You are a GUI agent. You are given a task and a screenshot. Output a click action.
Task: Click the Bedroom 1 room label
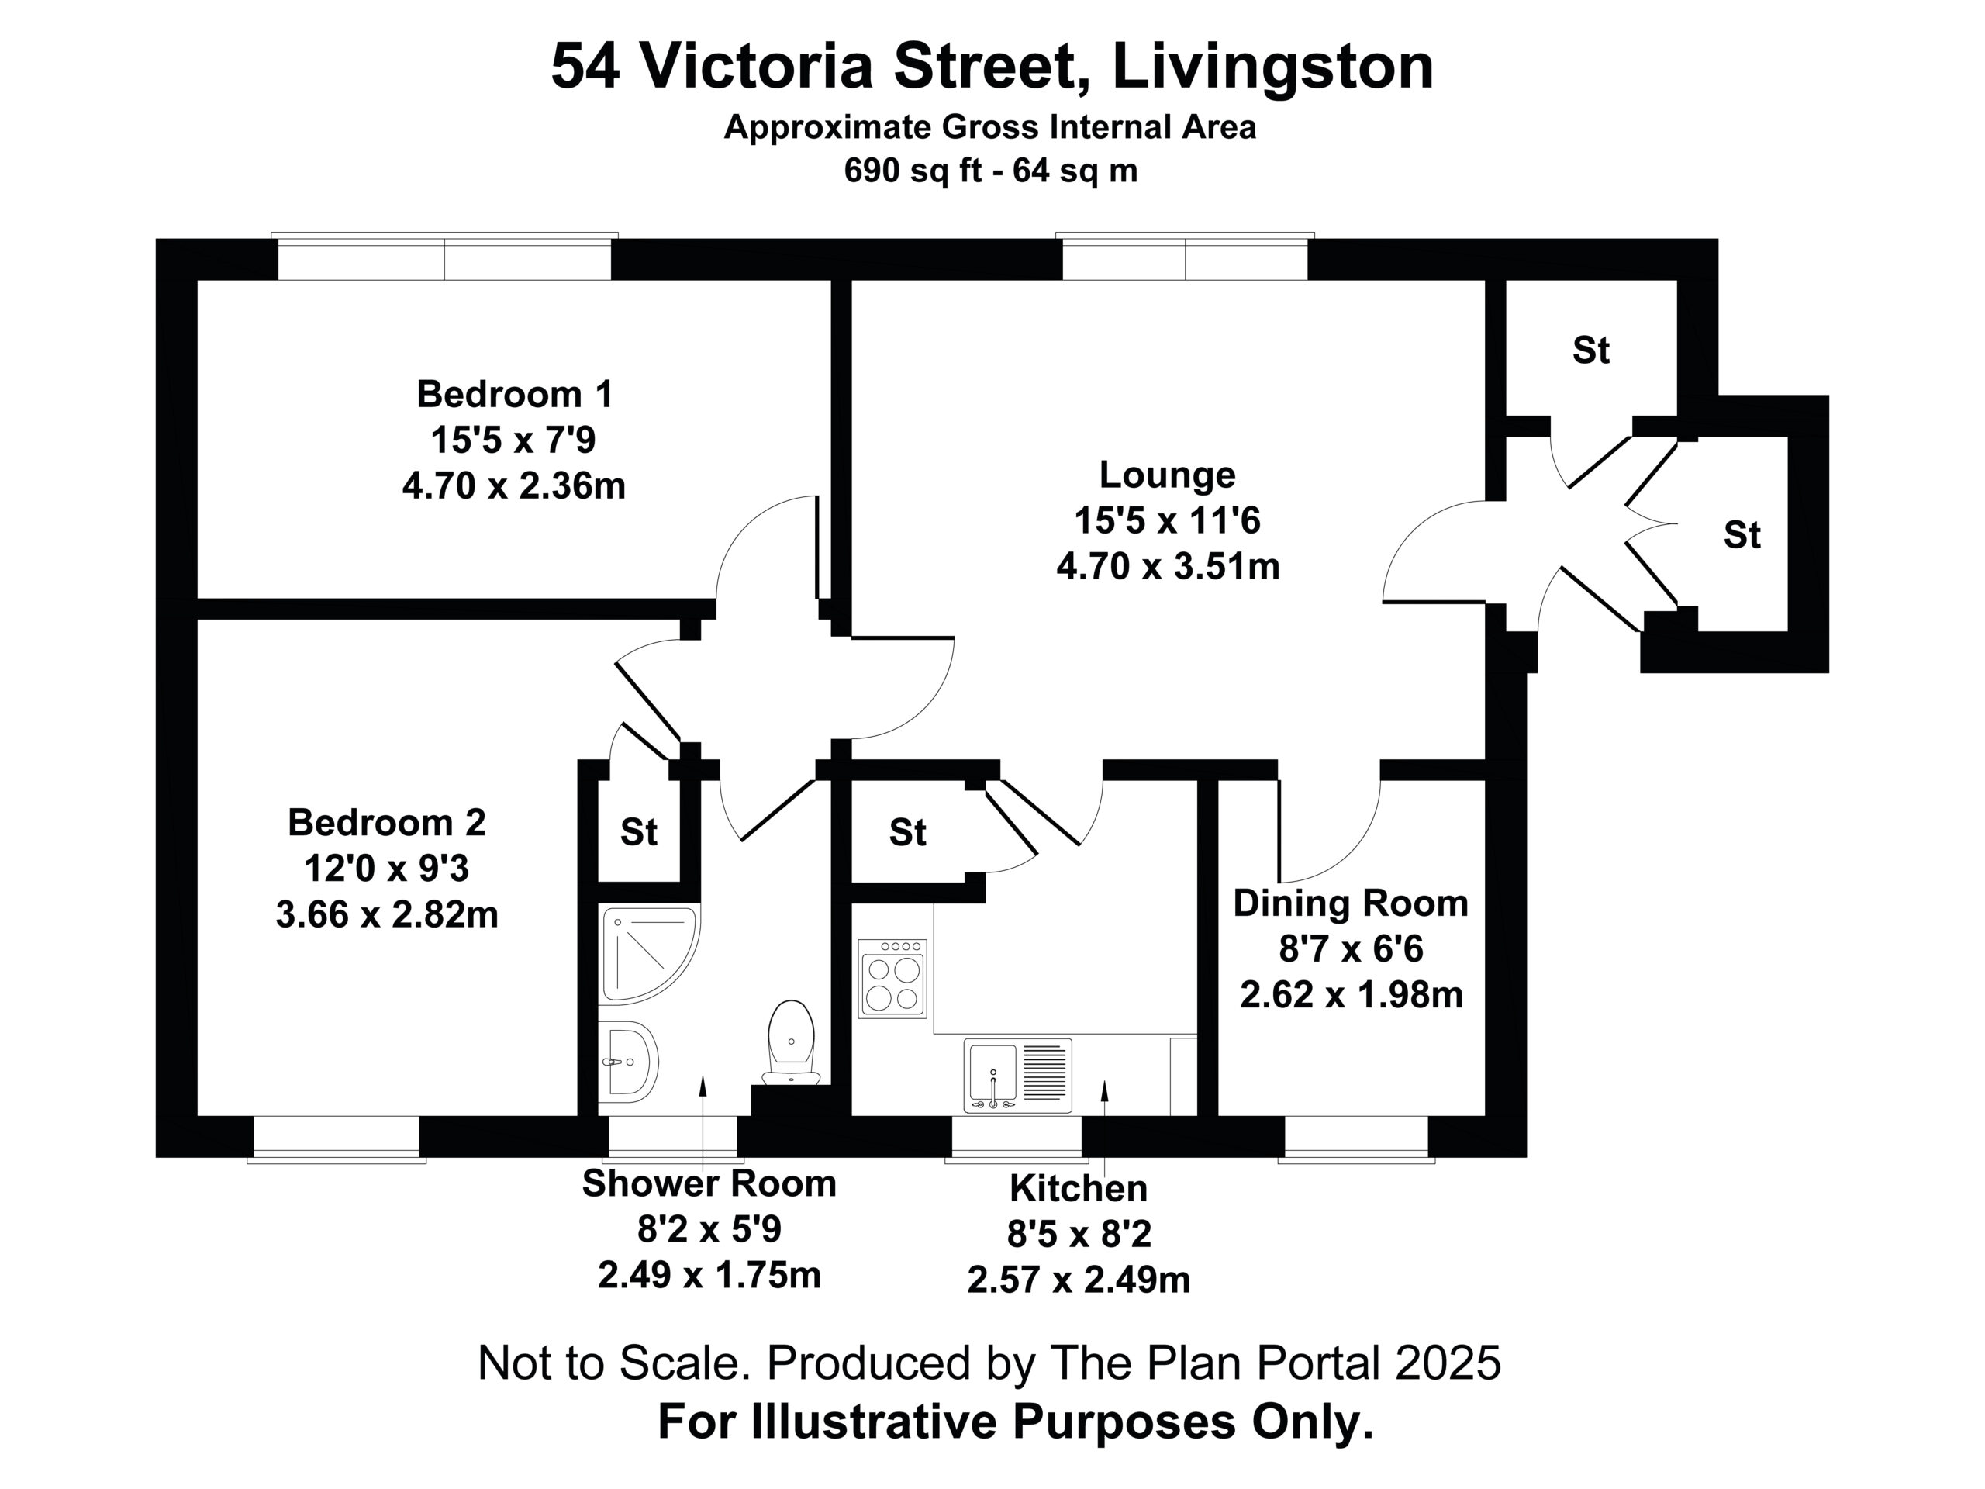pos(514,394)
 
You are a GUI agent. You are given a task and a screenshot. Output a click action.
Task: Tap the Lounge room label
pos(1167,475)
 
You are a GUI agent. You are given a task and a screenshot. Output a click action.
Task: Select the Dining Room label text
pos(1351,903)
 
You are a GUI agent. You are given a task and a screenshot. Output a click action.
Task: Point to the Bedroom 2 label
pos(387,822)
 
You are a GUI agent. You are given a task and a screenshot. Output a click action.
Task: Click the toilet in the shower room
pos(791,1042)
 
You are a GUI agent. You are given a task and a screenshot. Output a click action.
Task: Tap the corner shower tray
pos(650,953)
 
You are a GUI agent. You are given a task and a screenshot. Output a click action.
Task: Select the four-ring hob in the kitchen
pos(892,978)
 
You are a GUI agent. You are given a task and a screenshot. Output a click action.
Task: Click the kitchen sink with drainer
pos(1017,1075)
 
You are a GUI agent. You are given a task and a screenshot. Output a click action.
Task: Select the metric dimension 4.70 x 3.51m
pos(1168,566)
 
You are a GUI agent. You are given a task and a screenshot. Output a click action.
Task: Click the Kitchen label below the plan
pos(1078,1187)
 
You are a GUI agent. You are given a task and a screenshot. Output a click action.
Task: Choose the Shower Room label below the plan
pos(709,1183)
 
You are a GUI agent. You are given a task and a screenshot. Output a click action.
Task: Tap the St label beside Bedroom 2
pos(639,833)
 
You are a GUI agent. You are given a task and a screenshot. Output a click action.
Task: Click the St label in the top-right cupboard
pos(1591,350)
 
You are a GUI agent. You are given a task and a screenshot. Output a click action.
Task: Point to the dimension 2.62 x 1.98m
pos(1352,994)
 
